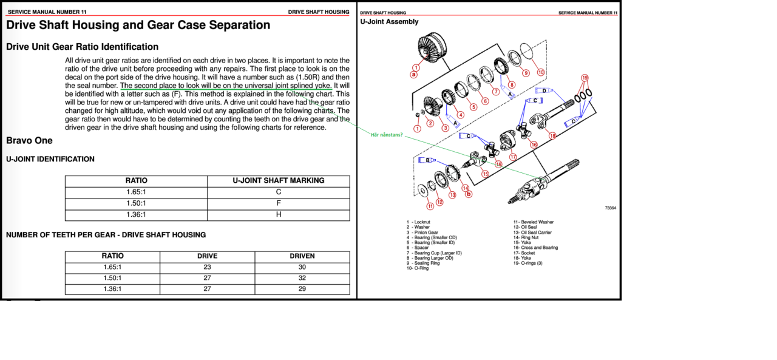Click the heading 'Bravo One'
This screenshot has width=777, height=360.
coord(29,141)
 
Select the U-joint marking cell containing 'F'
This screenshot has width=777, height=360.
coord(278,203)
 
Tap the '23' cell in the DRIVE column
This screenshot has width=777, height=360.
coord(207,267)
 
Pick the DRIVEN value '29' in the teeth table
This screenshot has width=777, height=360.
coord(302,289)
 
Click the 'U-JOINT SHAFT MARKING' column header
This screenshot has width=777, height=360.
coord(278,180)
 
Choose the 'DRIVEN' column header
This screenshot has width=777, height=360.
coord(302,256)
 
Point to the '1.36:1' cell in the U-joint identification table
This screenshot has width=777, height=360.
coord(136,214)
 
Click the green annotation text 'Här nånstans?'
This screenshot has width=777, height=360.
coord(386,135)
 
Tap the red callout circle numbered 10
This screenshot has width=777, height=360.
coord(540,72)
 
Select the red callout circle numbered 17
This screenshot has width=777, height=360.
coord(513,157)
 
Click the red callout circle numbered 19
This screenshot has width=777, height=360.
coord(585,78)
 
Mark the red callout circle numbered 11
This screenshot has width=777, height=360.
coord(430,206)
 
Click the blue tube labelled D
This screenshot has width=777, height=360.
coord(545,90)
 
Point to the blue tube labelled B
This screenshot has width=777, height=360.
coord(428,160)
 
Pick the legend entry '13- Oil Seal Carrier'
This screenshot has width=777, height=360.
coord(532,233)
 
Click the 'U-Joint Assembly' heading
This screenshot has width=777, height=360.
coord(389,22)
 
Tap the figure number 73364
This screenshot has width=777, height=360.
coord(610,208)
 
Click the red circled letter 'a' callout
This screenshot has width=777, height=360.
coord(414,75)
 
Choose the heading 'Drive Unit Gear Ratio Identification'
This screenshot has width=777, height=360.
coord(82,47)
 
